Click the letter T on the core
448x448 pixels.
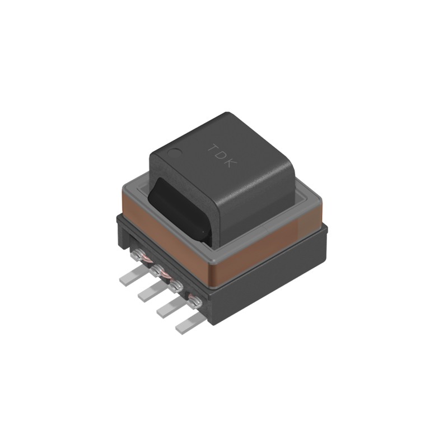(x=213, y=148)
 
